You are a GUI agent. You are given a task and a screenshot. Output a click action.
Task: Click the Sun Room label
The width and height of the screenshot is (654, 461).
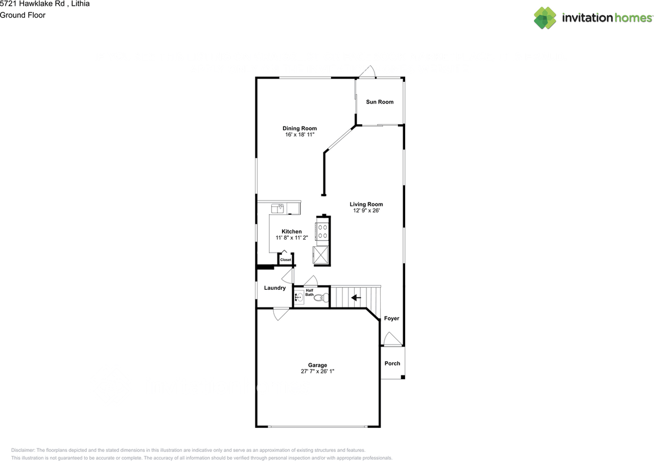coord(380,102)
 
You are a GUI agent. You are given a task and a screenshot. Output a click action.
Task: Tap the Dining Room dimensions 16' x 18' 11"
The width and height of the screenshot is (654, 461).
coord(300,135)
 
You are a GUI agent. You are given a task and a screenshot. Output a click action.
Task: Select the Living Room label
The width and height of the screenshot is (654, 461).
coord(366,204)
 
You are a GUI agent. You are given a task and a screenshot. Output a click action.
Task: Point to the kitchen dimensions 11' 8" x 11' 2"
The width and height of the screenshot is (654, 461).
coord(292,238)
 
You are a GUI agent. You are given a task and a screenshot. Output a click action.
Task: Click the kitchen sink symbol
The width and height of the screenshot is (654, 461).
coord(278,208)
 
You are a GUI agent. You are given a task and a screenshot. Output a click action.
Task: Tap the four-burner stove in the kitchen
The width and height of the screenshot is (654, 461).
coord(323,231)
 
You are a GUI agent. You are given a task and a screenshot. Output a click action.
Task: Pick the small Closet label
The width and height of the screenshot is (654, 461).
coord(286,260)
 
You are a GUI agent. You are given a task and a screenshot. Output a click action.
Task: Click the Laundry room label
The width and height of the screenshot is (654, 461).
coord(275,288)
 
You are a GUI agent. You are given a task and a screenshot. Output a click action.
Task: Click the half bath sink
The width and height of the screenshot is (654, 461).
coord(299,296)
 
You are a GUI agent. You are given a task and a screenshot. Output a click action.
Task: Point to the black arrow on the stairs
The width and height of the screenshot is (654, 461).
coord(356,297)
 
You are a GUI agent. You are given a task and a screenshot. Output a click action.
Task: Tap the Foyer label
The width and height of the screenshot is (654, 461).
coord(391,318)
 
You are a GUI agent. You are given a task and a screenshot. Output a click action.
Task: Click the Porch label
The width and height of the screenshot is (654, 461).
coord(392,363)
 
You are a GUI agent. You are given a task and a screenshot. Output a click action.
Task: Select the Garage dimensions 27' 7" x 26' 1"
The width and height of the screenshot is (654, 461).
coord(317,372)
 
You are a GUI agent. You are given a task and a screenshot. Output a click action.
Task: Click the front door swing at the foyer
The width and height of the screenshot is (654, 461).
coord(392,339)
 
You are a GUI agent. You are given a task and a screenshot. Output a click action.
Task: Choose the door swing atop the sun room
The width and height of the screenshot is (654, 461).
coord(368,72)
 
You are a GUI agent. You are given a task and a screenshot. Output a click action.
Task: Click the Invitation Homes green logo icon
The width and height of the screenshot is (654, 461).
coord(545,18)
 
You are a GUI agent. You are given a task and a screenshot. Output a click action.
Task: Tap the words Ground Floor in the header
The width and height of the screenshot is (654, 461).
coord(22,15)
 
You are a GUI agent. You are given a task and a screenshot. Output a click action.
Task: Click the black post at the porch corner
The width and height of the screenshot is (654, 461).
coord(403,377)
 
